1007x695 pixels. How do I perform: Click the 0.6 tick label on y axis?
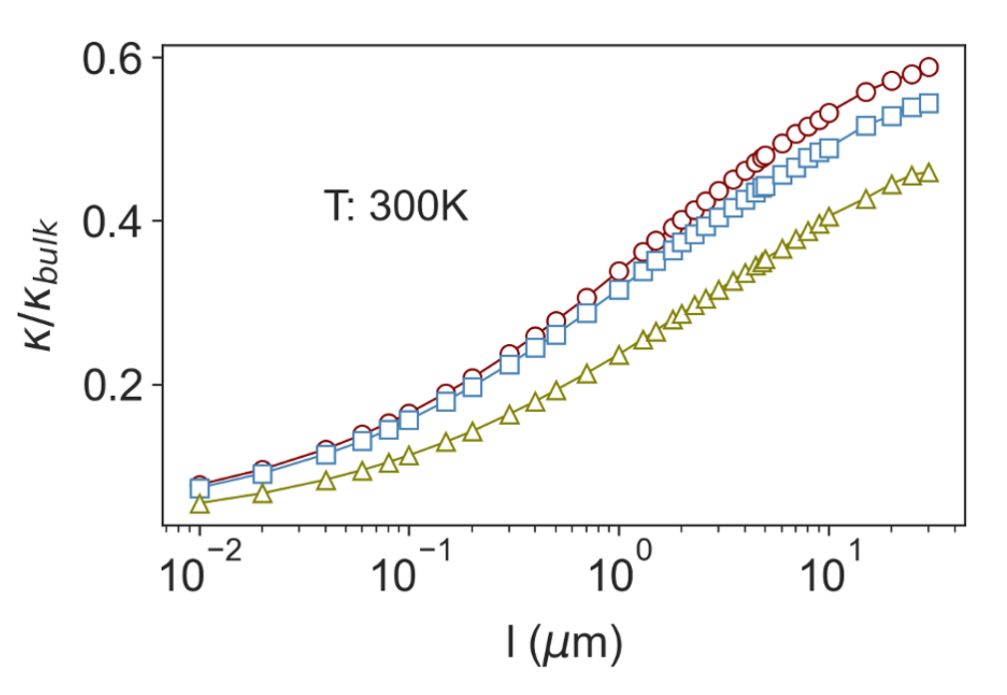coord(112,59)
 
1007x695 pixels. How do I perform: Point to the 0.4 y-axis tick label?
coord(112,222)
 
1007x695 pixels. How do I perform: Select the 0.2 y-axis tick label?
coord(112,386)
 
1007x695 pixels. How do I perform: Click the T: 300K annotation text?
coord(396,206)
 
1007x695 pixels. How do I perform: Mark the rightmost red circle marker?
coord(929,67)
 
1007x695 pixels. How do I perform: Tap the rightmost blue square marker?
coord(929,103)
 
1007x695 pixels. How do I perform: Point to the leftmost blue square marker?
coord(200,488)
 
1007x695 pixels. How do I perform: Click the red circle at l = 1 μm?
coord(619,271)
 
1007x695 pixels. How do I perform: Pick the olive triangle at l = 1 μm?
coord(619,356)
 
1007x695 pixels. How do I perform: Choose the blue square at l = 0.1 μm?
coord(409,420)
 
